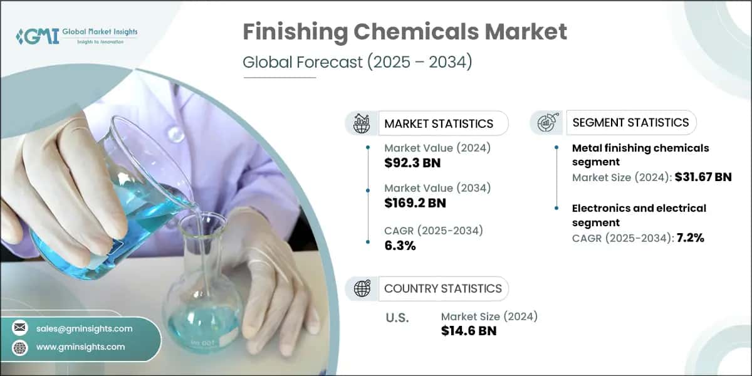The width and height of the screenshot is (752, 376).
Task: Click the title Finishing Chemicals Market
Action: [x=405, y=32]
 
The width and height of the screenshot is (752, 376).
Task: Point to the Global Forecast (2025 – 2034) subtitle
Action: [x=357, y=63]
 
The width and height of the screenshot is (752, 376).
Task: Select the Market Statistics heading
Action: [x=439, y=123]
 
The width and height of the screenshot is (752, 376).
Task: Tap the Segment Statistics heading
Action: [x=630, y=122]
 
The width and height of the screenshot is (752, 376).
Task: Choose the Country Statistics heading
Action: [x=442, y=288]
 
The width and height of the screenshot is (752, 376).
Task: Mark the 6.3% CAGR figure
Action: [x=400, y=245]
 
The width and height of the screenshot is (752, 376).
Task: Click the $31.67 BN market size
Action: [x=702, y=177]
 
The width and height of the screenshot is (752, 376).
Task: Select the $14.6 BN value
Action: [x=469, y=330]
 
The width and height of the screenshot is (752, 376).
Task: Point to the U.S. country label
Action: [x=397, y=318]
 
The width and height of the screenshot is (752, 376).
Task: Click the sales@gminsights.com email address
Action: [x=85, y=328]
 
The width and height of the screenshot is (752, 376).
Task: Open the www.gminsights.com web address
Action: [x=81, y=347]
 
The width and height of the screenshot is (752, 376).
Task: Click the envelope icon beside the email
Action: [x=20, y=328]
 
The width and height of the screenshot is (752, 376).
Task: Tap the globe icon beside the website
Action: [x=20, y=347]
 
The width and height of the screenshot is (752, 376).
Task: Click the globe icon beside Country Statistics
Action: [x=362, y=288]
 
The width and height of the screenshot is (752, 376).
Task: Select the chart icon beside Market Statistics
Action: [x=362, y=123]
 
